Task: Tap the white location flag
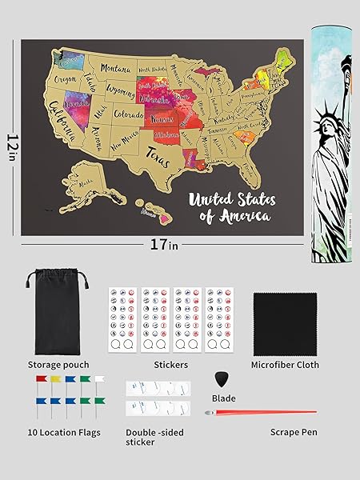tap(99, 378)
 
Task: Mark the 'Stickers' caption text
tap(170, 365)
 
